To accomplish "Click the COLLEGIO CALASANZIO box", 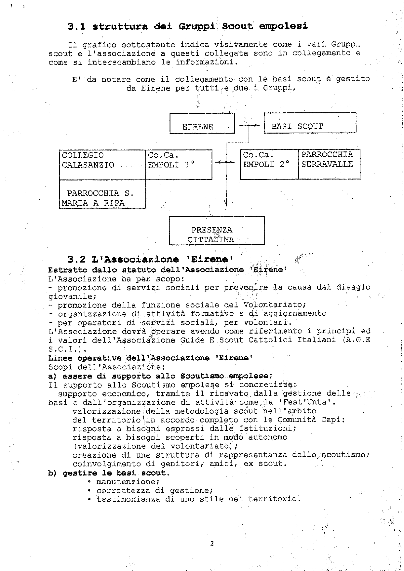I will [102, 164].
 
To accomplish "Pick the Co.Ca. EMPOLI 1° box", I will [179, 164].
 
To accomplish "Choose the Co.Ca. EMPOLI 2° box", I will [269, 164].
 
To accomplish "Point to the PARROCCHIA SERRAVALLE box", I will [329, 164].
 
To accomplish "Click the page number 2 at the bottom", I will [212, 543].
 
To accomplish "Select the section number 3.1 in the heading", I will [76, 26].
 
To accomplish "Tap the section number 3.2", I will [76, 259].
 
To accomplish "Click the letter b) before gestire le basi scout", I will [52, 473].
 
